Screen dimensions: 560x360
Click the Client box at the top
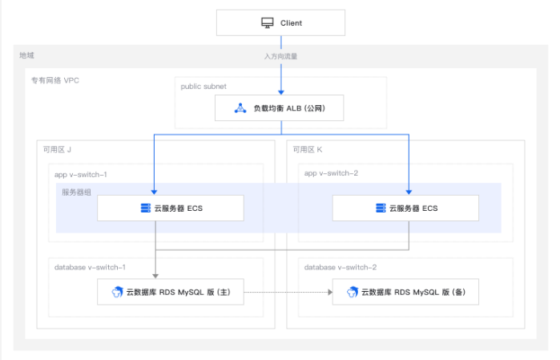280,23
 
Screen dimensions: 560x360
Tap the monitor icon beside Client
267,23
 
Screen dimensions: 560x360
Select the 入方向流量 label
280,56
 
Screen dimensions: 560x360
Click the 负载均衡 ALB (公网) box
280,108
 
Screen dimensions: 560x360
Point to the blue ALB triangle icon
240,108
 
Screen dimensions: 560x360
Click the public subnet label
203,87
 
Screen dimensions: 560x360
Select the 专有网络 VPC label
55,80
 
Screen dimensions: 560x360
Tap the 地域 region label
26,55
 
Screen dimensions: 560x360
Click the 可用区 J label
57,149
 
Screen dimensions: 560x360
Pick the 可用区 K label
308,149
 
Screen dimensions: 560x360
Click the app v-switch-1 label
81,175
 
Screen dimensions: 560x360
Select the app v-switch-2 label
331,173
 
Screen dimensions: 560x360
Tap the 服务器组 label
76,192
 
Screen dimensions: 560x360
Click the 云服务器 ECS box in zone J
171,208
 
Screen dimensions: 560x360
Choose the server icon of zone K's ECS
381,208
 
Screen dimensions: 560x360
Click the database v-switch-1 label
90,268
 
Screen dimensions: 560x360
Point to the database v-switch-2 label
340,268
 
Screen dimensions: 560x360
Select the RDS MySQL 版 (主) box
171,292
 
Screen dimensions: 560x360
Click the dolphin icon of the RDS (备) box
353,292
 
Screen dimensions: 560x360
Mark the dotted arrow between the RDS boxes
288,292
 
